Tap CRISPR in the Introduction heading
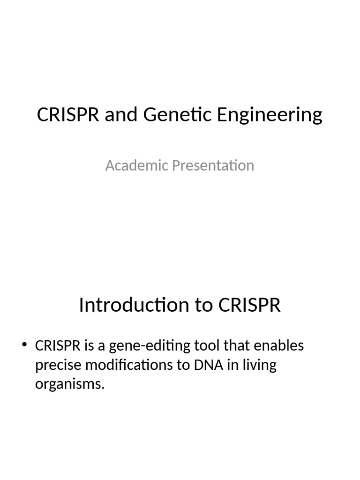coord(249,305)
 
